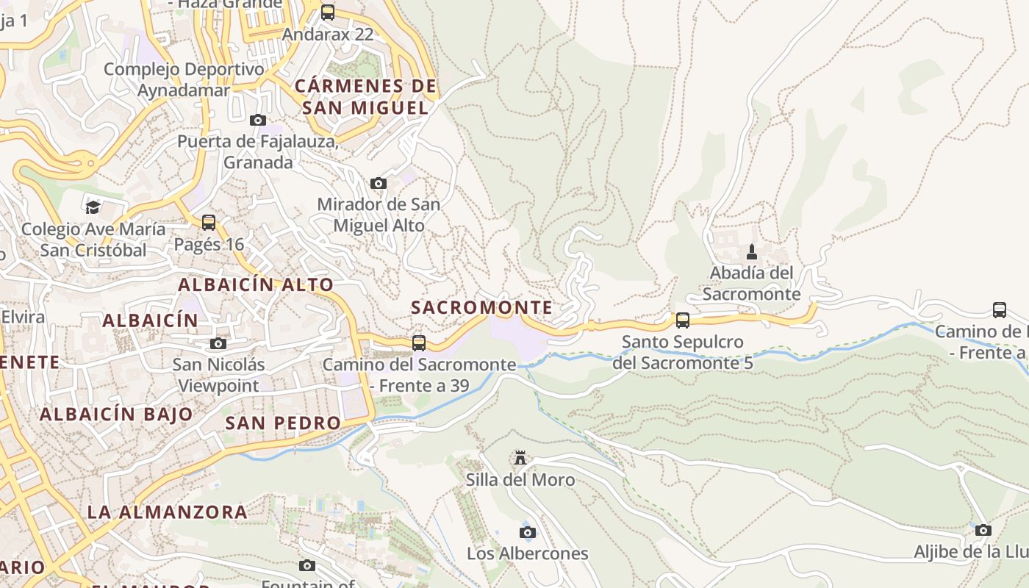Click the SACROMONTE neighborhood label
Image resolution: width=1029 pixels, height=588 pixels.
point(481,307)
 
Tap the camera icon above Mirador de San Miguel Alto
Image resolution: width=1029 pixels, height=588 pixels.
point(379,183)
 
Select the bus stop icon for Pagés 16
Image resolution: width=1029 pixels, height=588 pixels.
point(209,222)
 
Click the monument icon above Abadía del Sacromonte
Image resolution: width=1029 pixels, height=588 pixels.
point(751,252)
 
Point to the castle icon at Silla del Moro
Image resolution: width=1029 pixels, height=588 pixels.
point(520,459)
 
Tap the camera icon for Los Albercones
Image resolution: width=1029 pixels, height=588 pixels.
point(528,532)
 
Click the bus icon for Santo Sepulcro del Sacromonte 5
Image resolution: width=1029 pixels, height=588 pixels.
point(683,320)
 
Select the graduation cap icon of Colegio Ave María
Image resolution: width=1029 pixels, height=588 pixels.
point(93,207)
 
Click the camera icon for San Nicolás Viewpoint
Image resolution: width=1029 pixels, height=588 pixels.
point(218,343)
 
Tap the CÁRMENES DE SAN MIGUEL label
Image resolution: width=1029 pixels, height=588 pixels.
point(365,97)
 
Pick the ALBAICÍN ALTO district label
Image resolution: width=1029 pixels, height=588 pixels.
point(256,284)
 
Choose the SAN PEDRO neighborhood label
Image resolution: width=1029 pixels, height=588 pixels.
point(283,423)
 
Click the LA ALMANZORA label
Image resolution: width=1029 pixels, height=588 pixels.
point(168,512)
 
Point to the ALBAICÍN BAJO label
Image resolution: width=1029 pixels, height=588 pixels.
point(116,414)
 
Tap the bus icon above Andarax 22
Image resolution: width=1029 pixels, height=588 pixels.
point(328,12)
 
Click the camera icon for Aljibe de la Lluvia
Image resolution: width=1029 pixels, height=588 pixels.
point(983,530)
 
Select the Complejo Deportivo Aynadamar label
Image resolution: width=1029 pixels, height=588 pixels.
point(184,79)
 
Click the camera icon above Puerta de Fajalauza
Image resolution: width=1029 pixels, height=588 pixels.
point(258,120)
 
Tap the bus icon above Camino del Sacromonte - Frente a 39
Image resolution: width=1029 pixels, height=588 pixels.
point(419,343)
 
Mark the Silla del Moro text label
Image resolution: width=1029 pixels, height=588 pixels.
point(520,480)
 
